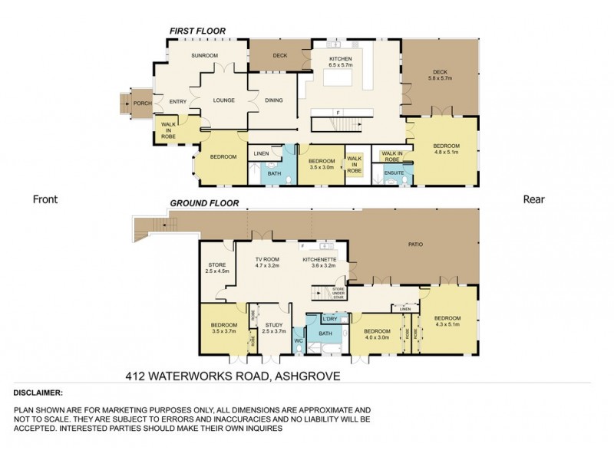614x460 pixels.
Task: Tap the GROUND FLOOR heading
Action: [x=204, y=204]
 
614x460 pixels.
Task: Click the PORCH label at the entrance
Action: [x=142, y=103]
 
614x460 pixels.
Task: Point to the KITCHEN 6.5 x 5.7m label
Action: [x=340, y=62]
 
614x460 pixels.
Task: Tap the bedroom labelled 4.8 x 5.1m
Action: [x=445, y=149]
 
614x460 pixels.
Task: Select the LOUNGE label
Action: [x=224, y=100]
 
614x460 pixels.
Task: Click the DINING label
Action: [x=274, y=100]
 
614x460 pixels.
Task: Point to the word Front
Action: [x=45, y=199]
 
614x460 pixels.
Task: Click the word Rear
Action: [x=533, y=199]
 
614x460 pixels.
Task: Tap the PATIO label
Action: [x=414, y=245]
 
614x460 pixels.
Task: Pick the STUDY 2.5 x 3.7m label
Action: [x=274, y=328]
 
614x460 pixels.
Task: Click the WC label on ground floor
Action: [x=299, y=340]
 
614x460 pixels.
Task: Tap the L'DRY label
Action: [x=331, y=318]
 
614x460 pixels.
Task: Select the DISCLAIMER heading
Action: [x=39, y=392]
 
